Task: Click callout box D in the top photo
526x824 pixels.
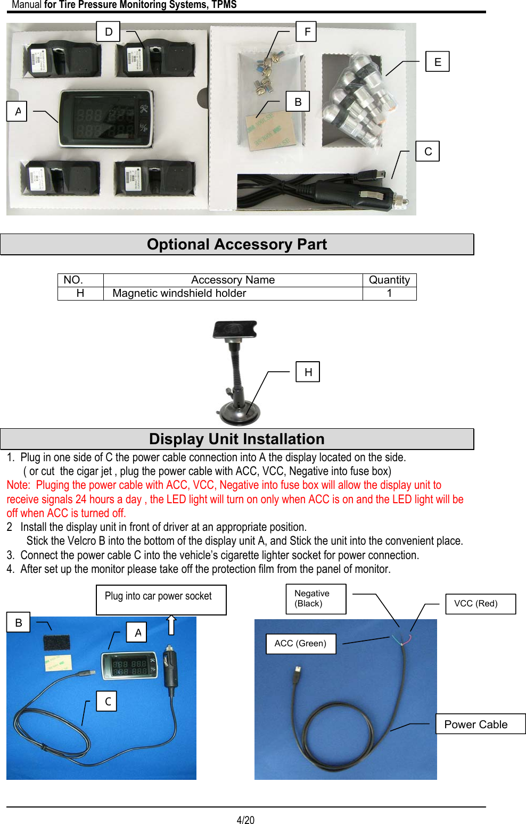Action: click(x=108, y=31)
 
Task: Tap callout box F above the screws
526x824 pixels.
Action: click(x=307, y=31)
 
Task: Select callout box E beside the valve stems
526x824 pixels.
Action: click(x=438, y=62)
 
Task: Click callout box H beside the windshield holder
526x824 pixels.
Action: click(x=308, y=372)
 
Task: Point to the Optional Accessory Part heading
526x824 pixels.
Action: click(x=237, y=244)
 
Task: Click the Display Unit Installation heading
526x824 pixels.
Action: click(x=237, y=439)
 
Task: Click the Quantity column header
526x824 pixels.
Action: click(x=389, y=280)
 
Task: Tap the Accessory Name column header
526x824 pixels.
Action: click(x=233, y=280)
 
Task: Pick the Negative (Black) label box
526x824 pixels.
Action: click(x=316, y=599)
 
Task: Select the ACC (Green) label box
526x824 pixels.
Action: click(x=301, y=644)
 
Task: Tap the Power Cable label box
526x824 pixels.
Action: click(x=480, y=724)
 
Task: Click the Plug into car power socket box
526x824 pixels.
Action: click(x=161, y=600)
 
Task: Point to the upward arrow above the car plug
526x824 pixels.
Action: click(x=171, y=625)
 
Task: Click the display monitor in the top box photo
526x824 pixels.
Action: click(x=105, y=119)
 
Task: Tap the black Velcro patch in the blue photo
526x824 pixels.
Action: click(x=56, y=643)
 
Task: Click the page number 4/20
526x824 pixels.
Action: click(x=245, y=820)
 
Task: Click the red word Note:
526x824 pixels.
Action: click(x=19, y=485)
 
